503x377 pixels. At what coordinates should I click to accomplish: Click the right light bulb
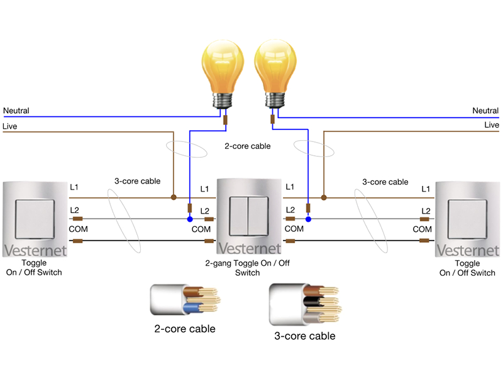tap(274, 69)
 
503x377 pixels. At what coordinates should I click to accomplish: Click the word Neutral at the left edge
tap(16, 111)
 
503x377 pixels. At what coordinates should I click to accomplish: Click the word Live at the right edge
tap(491, 125)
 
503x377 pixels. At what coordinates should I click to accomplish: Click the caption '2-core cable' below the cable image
tap(185, 329)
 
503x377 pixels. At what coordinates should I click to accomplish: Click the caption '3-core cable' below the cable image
tap(305, 336)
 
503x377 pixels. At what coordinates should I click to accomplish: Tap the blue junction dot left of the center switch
tap(189, 219)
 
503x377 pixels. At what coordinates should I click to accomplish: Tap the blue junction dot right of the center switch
tap(308, 219)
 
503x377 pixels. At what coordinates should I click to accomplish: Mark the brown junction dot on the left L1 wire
tap(173, 197)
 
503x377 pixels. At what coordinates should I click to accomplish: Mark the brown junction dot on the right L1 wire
tap(323, 197)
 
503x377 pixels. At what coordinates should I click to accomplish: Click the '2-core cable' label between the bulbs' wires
tap(248, 146)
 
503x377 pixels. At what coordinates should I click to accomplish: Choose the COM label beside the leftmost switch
tap(78, 229)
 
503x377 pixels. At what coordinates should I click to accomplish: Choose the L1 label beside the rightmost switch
tap(426, 188)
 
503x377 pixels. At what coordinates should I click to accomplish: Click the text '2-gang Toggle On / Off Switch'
tap(248, 268)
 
